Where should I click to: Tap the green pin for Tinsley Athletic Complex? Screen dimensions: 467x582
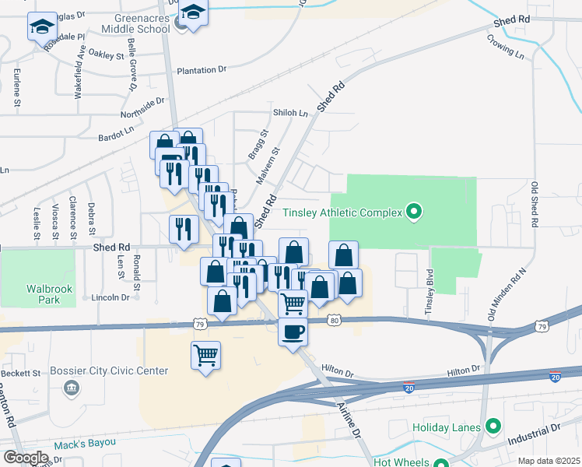coord(414,211)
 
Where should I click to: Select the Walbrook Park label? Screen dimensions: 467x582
coord(49,293)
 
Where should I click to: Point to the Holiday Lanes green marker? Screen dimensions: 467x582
coord(492,426)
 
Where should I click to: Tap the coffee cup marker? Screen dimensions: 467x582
coord(293,332)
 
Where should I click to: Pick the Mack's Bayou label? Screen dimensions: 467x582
coord(85,444)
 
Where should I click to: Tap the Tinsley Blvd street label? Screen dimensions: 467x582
coord(429,293)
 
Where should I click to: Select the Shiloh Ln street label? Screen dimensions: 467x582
coord(290,113)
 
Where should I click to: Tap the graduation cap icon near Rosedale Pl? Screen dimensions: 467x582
coord(42,28)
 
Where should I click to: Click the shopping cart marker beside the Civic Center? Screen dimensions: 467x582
coord(205,355)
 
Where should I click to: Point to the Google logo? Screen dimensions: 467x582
coord(26,458)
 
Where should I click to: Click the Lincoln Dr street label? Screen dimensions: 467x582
coord(110,297)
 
